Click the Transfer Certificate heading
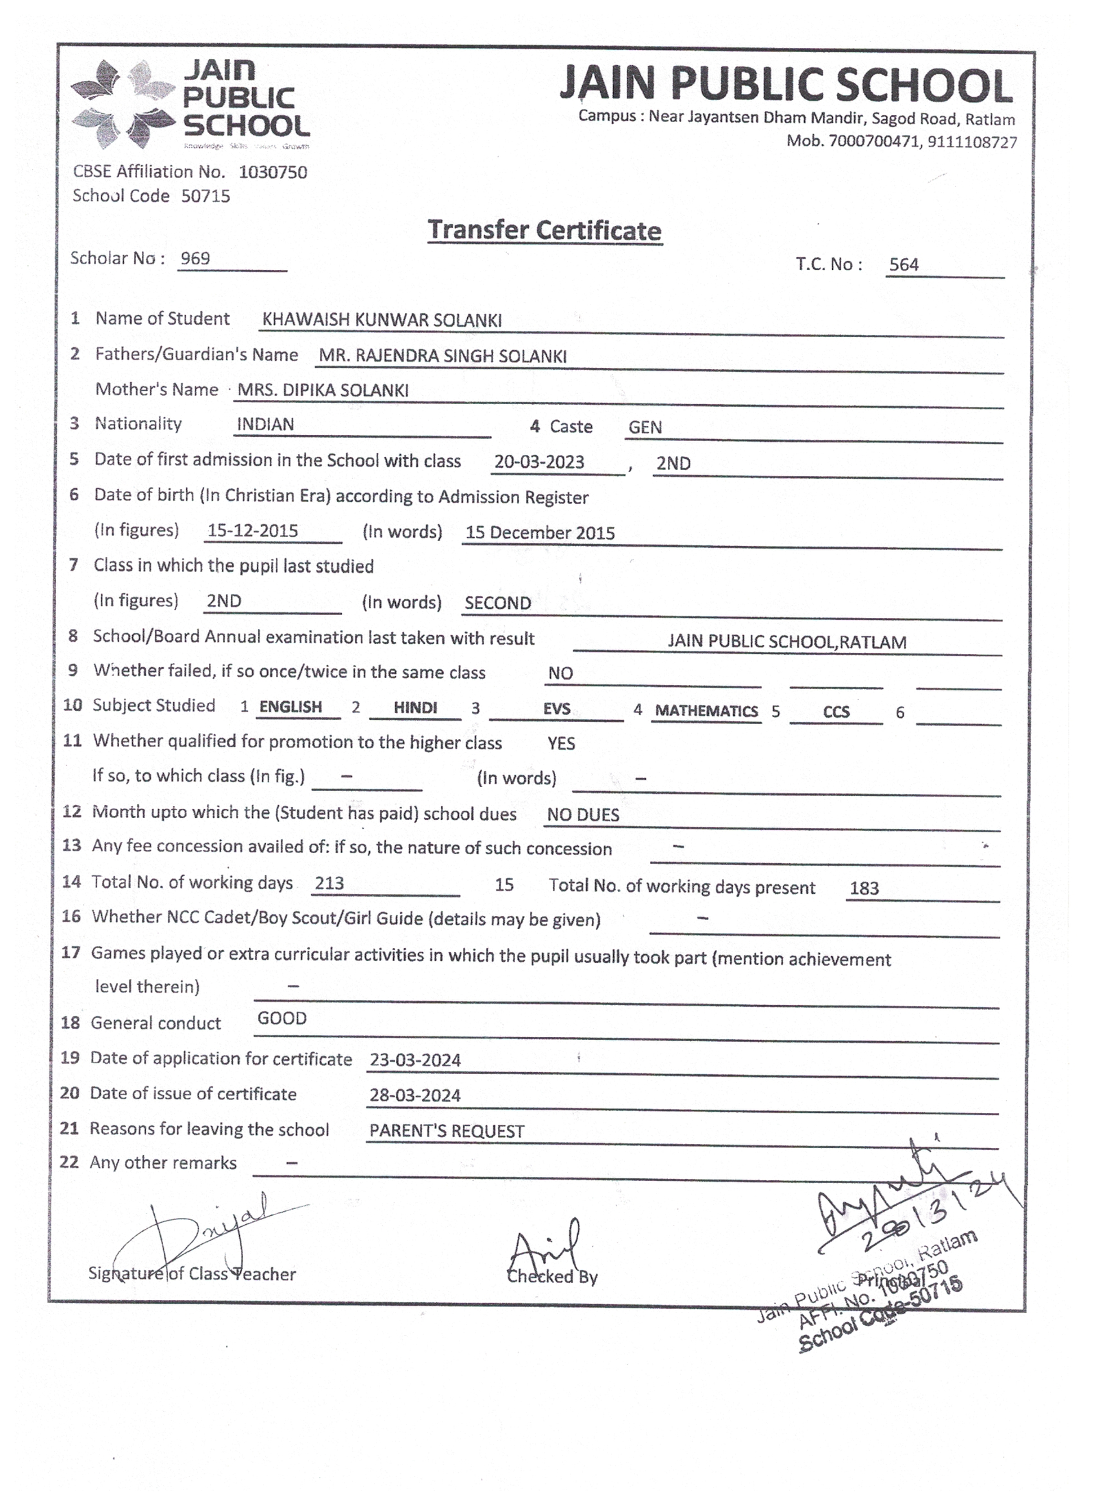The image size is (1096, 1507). [x=545, y=230]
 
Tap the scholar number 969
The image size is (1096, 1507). [x=195, y=258]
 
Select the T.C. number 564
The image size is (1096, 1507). [x=904, y=264]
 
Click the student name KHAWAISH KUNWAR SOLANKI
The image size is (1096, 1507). [x=382, y=320]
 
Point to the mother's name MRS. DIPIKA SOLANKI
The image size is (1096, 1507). [x=323, y=390]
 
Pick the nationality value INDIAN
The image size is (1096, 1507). [x=265, y=424]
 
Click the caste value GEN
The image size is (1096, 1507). [x=645, y=427]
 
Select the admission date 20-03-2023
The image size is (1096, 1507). [x=539, y=462]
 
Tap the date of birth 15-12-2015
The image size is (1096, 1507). [x=253, y=530]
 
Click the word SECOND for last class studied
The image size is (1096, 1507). [x=497, y=603]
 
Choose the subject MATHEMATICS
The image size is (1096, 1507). [x=706, y=711]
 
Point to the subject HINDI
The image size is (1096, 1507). [x=415, y=708]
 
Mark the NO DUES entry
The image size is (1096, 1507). [x=583, y=814]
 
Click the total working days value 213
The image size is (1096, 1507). [x=329, y=883]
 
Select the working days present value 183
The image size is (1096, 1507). [x=864, y=888]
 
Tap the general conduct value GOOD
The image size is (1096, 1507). [x=282, y=1019]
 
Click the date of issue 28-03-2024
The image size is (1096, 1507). [x=415, y=1095]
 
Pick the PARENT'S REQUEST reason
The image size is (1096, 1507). [x=447, y=1131]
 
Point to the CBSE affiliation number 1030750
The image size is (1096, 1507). [x=273, y=172]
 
